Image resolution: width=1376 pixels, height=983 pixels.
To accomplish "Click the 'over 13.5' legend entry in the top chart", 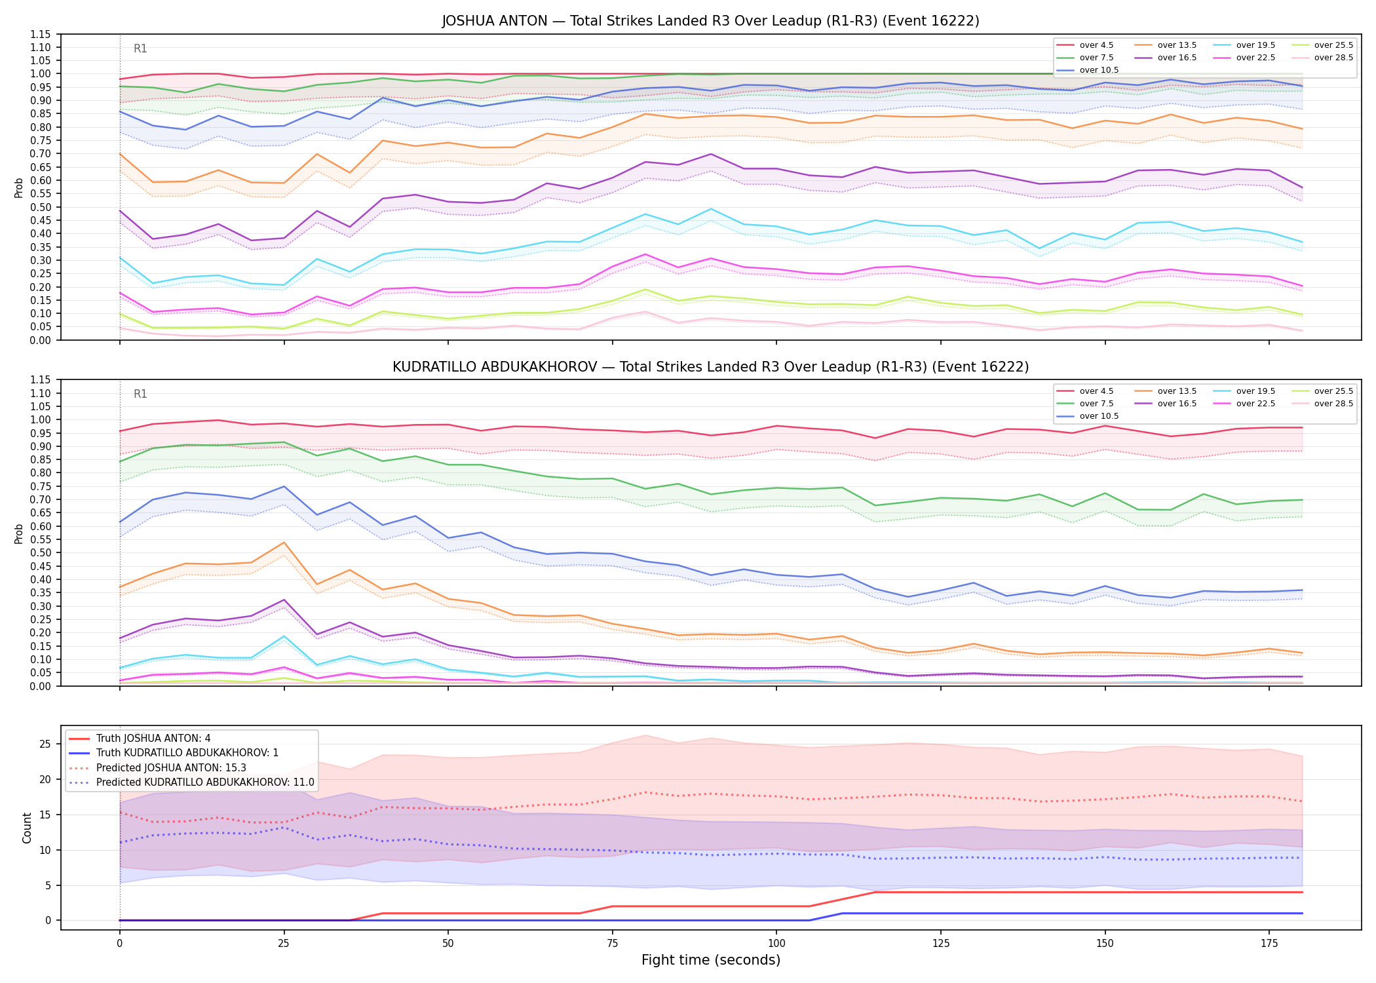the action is point(1166,45).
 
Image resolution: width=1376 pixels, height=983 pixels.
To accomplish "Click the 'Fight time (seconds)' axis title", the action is point(711,960).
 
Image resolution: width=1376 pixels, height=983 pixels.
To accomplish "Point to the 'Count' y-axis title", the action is point(27,828).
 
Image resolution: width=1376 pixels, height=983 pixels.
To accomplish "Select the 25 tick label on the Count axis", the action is point(45,744).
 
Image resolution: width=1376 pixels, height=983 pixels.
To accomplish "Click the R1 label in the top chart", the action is point(140,48).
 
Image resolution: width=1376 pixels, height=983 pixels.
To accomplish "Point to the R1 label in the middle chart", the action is point(140,394).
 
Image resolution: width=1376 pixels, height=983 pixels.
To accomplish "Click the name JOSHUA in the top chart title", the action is point(468,21).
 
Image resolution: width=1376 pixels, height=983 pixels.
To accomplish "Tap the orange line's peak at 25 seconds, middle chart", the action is point(284,543).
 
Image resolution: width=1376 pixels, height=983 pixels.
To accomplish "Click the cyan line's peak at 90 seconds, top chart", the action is point(711,209).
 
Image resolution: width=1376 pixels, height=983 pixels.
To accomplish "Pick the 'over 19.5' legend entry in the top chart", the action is point(1244,45).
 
